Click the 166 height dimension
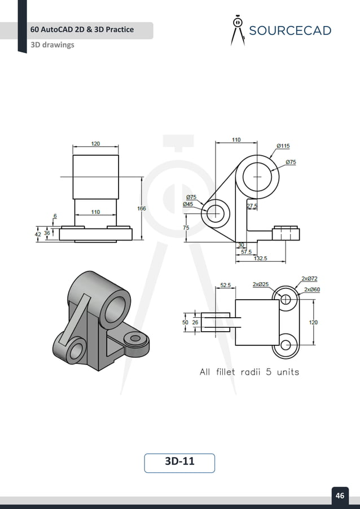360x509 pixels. [141, 208]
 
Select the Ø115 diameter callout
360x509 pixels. [283, 146]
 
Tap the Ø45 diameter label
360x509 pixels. [187, 204]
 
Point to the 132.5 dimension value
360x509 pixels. [260, 258]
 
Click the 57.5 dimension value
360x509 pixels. [246, 252]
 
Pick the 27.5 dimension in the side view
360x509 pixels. [252, 206]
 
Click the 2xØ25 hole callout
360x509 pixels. [260, 284]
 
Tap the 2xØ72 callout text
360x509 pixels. [309, 278]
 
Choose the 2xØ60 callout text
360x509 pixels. [312, 289]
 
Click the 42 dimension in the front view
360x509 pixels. [38, 233]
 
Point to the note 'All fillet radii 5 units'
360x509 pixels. [249, 372]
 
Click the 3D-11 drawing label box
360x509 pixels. [179, 462]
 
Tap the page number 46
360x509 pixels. [340, 495]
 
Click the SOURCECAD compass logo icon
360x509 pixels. [238, 30]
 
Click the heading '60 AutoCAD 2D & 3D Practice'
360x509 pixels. [82, 29]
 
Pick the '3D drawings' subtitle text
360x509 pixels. [52, 45]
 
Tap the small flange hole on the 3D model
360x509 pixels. [135, 339]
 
